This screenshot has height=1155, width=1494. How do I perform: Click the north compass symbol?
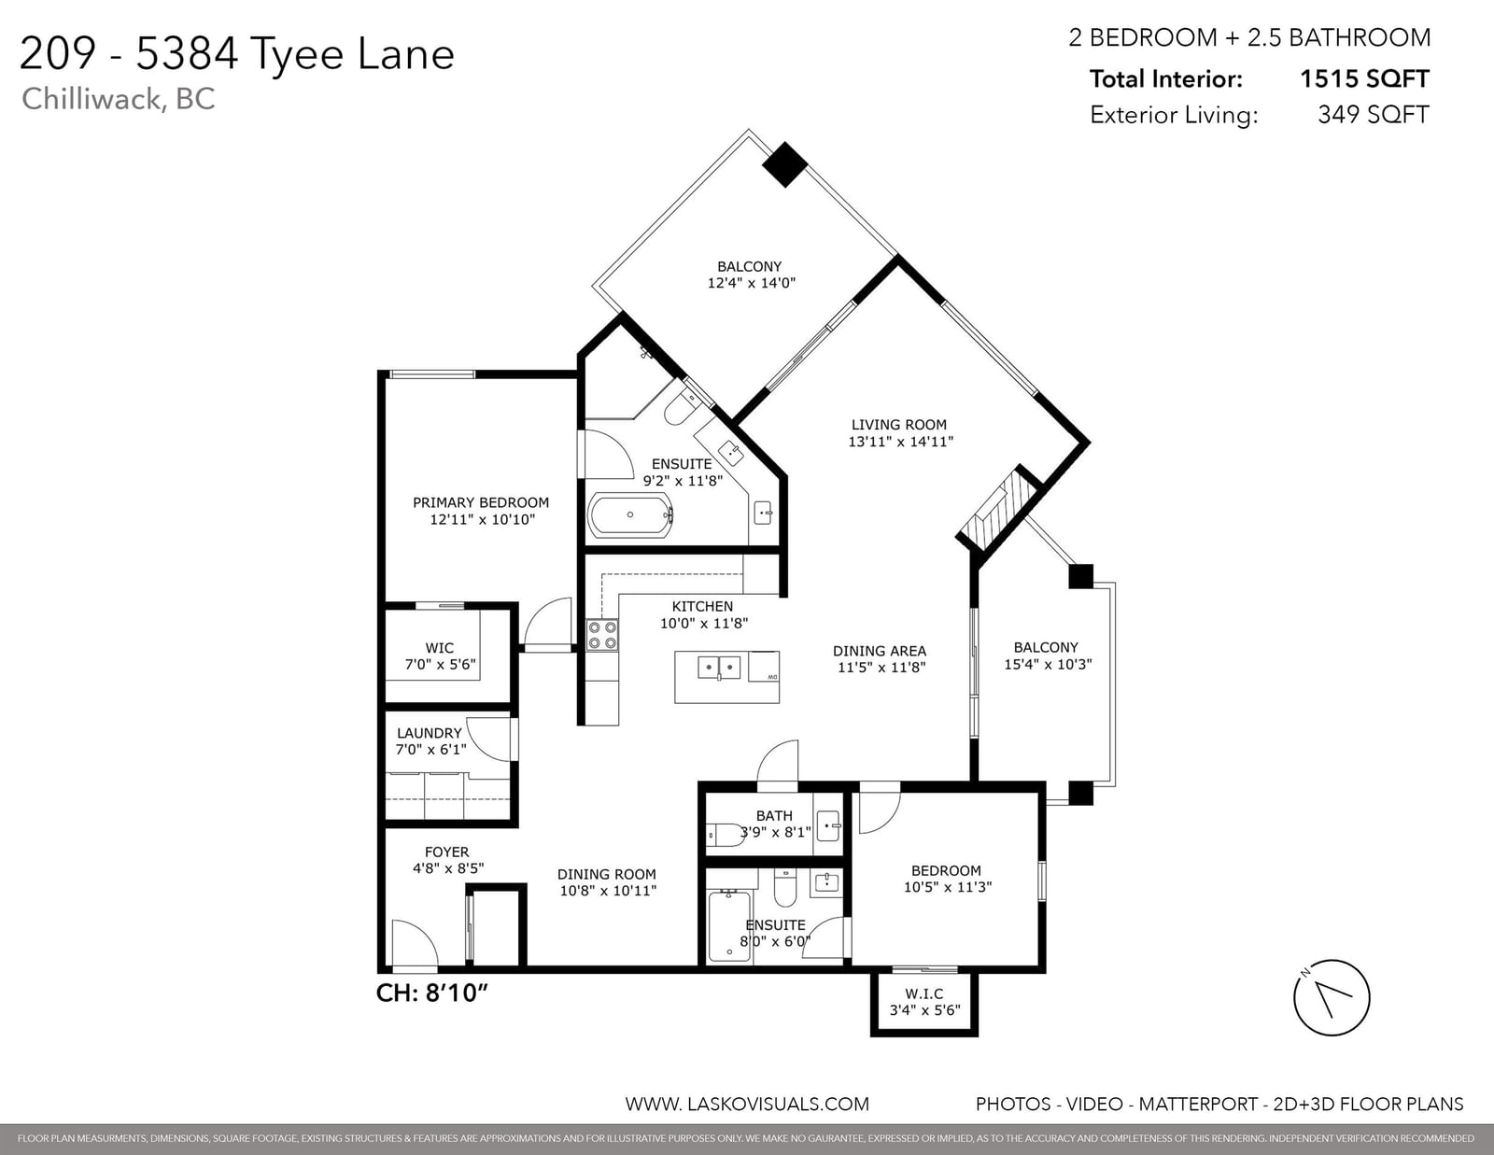tap(1332, 997)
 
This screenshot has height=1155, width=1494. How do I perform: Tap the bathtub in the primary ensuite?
tap(630, 514)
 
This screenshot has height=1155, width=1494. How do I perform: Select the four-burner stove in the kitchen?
tap(601, 635)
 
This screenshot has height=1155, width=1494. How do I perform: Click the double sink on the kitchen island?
tap(719, 667)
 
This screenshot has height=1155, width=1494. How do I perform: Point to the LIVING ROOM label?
tap(898, 425)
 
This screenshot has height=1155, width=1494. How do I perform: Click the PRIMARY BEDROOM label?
tap(481, 502)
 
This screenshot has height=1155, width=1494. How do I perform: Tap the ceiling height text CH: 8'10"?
tap(431, 993)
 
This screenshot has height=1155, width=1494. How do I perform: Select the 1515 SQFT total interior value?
tap(1364, 79)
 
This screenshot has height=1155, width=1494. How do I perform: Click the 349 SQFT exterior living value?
tap(1373, 114)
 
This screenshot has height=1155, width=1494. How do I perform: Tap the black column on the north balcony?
tap(784, 164)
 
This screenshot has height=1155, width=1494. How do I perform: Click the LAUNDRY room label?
tap(429, 733)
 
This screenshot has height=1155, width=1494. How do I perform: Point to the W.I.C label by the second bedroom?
tap(924, 993)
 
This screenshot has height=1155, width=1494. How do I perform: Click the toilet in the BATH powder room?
tap(725, 833)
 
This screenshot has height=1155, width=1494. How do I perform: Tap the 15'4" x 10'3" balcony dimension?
tap(1048, 664)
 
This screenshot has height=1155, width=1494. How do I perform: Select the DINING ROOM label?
tap(606, 874)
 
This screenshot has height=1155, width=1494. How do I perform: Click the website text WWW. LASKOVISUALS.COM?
tap(747, 1105)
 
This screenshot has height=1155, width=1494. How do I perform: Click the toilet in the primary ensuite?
tap(682, 407)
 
